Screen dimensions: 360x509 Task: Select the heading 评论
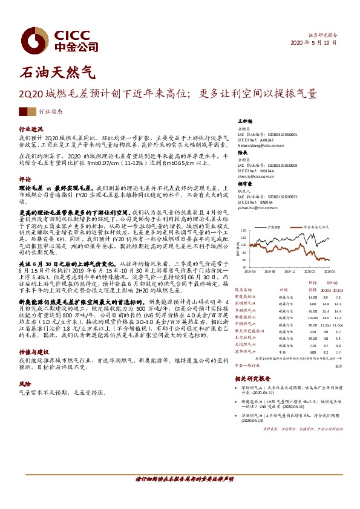pyautogui.click(x=25, y=180)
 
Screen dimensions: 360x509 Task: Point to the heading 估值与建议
pyautogui.click(x=33, y=351)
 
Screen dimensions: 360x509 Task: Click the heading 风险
pyautogui.click(x=25, y=384)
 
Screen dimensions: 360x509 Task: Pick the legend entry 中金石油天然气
pyautogui.click(x=314, y=227)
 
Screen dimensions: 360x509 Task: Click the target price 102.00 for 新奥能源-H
pyautogui.click(x=312, y=317)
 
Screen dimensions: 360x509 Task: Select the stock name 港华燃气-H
pyautogui.click(x=247, y=351)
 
